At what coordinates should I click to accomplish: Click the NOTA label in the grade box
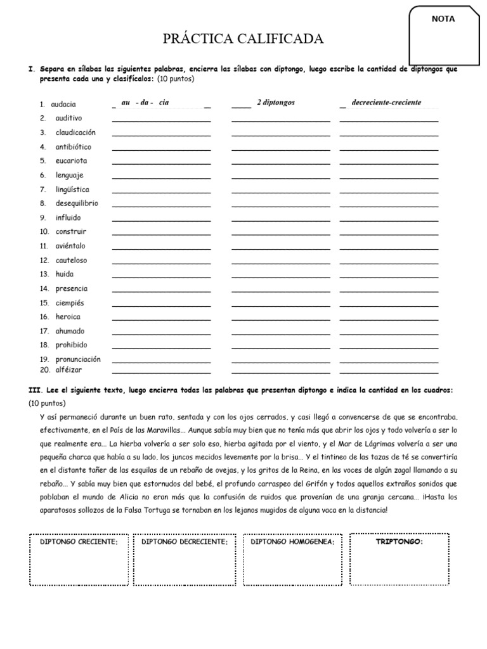click(443, 19)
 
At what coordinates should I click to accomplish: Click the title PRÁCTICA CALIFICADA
click(243, 40)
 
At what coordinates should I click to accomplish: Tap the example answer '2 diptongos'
click(275, 103)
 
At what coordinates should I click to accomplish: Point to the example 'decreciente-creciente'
click(386, 103)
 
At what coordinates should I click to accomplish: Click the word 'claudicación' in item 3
click(75, 132)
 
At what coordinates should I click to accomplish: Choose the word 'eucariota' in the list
click(71, 161)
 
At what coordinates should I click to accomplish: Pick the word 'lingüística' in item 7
click(72, 190)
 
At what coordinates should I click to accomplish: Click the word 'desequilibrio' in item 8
click(77, 203)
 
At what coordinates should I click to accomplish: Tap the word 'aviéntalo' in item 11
click(70, 246)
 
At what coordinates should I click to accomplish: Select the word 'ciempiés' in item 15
click(70, 302)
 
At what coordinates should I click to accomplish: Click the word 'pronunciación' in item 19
click(78, 359)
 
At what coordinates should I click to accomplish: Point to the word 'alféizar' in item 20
click(68, 369)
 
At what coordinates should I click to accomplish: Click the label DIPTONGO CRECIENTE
click(79, 543)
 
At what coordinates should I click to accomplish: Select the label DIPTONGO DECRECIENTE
click(184, 543)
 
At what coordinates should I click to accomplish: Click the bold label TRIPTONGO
click(399, 543)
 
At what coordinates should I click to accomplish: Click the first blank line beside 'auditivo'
click(161, 120)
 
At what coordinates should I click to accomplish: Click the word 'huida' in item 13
click(65, 274)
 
